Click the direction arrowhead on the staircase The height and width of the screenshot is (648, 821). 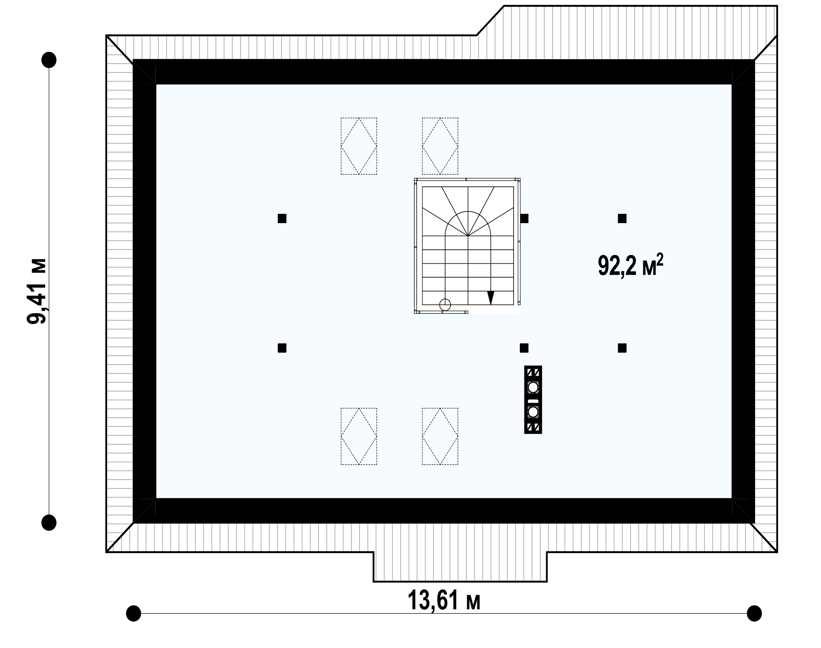click(x=491, y=297)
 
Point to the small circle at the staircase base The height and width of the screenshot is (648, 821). click(x=445, y=305)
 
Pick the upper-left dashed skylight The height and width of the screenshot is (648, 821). click(x=359, y=146)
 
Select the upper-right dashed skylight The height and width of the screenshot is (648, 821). click(x=440, y=146)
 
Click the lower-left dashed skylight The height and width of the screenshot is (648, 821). click(x=359, y=436)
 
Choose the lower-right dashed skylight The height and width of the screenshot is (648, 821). click(x=440, y=436)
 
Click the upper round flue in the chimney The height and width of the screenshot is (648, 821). click(x=533, y=387)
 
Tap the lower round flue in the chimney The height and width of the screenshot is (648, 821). click(x=533, y=412)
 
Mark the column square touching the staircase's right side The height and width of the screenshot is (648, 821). click(x=524, y=219)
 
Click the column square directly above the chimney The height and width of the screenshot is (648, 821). click(x=524, y=348)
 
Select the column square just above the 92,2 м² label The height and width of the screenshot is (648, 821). click(x=622, y=219)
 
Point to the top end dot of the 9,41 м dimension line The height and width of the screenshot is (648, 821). click(x=49, y=60)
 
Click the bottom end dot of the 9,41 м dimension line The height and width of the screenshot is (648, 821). click(x=49, y=523)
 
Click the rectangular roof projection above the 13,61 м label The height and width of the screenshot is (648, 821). click(x=460, y=566)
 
